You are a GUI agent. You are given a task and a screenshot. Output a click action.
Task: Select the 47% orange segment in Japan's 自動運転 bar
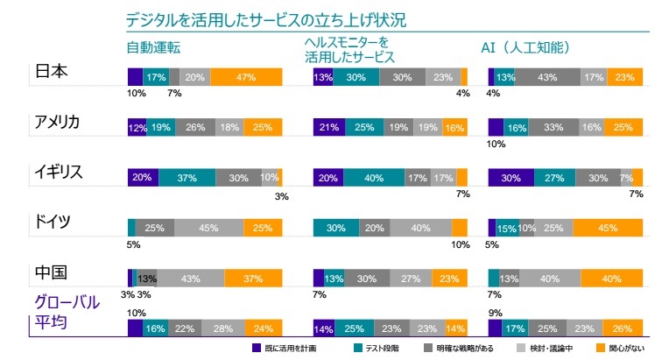[x=245, y=77]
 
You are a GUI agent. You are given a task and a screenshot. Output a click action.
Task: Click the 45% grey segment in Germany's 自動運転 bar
[x=208, y=228]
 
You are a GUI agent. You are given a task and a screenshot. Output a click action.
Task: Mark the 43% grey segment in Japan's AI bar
[x=547, y=77]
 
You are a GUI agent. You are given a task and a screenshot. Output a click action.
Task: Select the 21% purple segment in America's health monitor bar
[x=327, y=127]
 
